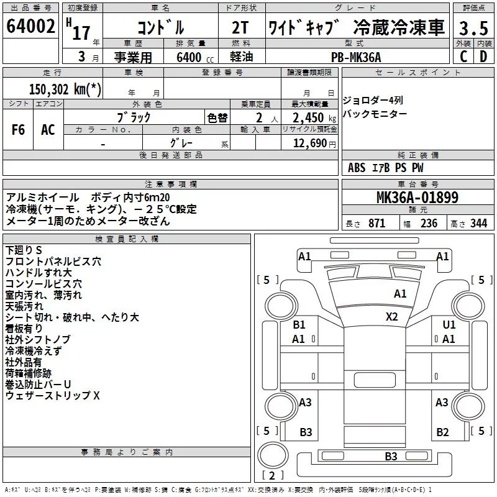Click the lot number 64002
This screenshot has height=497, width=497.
pyautogui.click(x=30, y=26)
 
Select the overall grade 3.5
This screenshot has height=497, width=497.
pyautogui.click(x=473, y=28)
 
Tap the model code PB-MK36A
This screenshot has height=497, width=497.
pyautogui.click(x=356, y=57)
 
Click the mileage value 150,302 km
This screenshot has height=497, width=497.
pyautogui.click(x=65, y=89)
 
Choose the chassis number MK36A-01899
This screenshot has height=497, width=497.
pyautogui.click(x=417, y=197)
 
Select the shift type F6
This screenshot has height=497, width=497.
pyautogui.click(x=18, y=130)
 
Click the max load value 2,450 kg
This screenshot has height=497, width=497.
pyautogui.click(x=314, y=118)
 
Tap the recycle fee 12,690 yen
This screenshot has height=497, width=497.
pyautogui.click(x=314, y=144)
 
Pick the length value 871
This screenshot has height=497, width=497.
pyautogui.click(x=377, y=223)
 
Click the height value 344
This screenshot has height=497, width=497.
pyautogui.click(x=478, y=223)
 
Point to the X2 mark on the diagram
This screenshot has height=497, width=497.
pyautogui.click(x=392, y=317)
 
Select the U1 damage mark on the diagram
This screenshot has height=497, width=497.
pyautogui.click(x=449, y=324)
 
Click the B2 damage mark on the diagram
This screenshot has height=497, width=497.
pyautogui.click(x=442, y=432)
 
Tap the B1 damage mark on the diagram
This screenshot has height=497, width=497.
pyautogui.click(x=299, y=324)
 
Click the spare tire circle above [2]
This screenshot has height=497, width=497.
pyautogui.click(x=273, y=455)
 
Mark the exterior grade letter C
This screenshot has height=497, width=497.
pyautogui.click(x=463, y=57)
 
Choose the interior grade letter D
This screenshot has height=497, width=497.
pyautogui.click(x=483, y=57)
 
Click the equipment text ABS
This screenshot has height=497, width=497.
pyautogui.click(x=357, y=168)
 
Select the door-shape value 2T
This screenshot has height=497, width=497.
pyautogui.click(x=240, y=27)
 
